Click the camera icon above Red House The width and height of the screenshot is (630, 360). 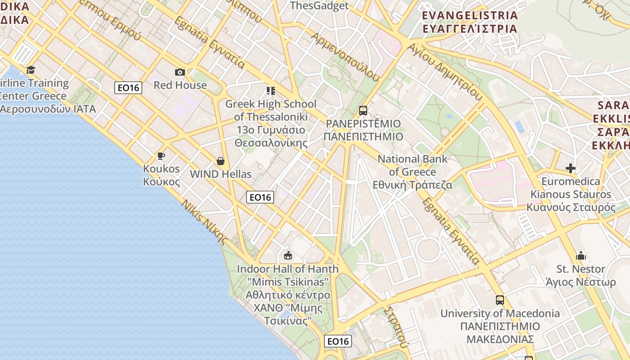(180, 72)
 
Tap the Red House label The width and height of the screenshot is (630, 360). (180, 85)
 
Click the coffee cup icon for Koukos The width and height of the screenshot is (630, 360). (161, 156)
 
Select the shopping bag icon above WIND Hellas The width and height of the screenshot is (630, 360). (220, 161)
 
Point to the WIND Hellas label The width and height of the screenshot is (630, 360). (220, 174)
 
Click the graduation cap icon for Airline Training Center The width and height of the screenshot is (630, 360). (31, 70)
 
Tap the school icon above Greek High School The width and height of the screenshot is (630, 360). (270, 91)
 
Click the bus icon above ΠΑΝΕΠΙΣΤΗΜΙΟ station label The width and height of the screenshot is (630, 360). (363, 111)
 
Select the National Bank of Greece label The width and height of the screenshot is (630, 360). (413, 172)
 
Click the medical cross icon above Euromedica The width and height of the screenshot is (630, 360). (571, 168)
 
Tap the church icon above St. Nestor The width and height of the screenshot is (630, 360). (581, 256)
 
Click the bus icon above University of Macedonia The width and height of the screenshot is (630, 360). (499, 300)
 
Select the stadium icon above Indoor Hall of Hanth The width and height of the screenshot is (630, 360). (288, 256)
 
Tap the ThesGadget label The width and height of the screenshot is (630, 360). (319, 6)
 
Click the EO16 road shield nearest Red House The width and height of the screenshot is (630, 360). (128, 88)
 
